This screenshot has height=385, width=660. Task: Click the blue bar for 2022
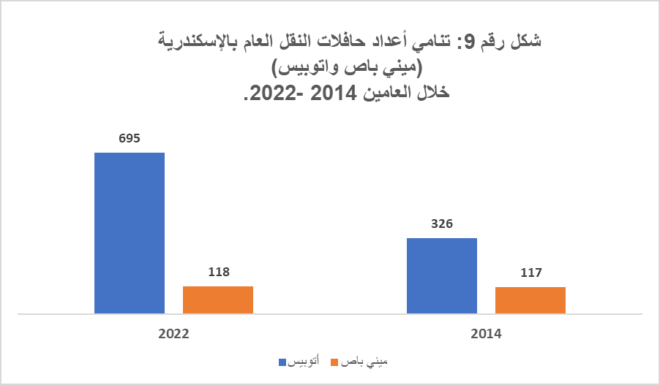(x=130, y=233)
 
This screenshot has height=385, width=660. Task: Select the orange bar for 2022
(x=218, y=300)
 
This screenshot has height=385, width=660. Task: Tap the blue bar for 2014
(x=442, y=275)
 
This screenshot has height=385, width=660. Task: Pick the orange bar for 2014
(x=530, y=300)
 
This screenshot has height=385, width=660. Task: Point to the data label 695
(x=130, y=138)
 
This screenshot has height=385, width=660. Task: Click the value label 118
(x=218, y=272)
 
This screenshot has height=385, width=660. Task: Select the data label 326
(x=442, y=224)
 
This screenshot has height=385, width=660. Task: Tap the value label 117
(x=530, y=272)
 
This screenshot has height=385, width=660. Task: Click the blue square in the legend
(x=282, y=362)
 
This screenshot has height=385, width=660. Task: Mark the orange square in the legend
(x=335, y=362)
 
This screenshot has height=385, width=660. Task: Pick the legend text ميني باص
(x=363, y=362)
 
